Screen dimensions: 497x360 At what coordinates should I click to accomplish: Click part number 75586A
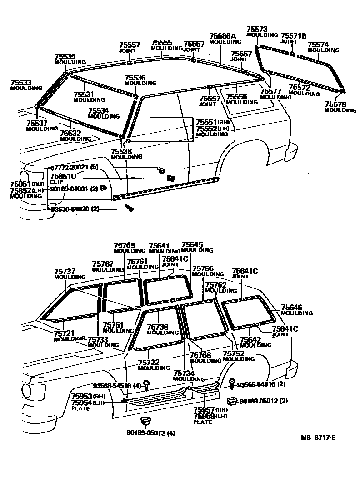click(223, 36)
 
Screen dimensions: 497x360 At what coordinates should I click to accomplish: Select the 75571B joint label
click(294, 35)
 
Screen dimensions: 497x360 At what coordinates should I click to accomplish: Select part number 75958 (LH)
click(203, 416)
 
